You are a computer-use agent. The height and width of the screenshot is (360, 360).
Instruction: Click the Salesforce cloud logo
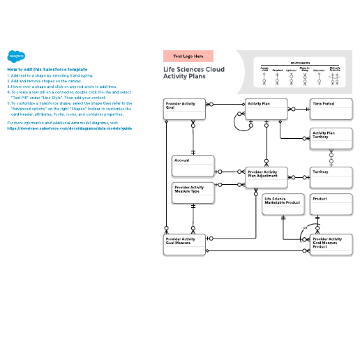15,57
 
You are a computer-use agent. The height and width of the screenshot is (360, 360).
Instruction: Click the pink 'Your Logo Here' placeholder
188,56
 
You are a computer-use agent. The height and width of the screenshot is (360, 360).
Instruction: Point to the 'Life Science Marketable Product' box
283,204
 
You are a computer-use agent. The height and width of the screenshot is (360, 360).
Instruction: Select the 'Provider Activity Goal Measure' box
186,246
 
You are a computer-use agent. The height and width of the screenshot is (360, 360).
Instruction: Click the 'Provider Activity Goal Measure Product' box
331,246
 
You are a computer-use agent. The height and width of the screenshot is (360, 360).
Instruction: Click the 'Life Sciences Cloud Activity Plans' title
194,73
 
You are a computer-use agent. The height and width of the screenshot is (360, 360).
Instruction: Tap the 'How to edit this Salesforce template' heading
47,70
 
